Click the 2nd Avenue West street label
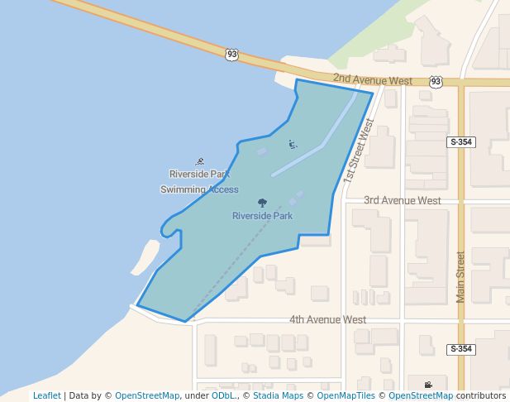[373, 81]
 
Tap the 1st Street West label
[360, 150]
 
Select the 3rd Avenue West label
[403, 200]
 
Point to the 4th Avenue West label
[327, 319]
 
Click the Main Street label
[461, 278]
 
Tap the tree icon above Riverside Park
[262, 203]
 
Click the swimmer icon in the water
[200, 161]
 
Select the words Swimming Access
[199, 189]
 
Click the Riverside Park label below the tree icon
[262, 216]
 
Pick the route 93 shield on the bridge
[231, 55]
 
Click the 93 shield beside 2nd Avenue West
[436, 81]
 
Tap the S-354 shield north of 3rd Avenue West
[462, 142]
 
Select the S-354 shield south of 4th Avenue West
[462, 349]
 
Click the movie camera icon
[427, 385]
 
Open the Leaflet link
[46, 395]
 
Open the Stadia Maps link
[278, 395]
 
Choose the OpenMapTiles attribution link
[343, 395]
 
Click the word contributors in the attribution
[481, 395]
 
